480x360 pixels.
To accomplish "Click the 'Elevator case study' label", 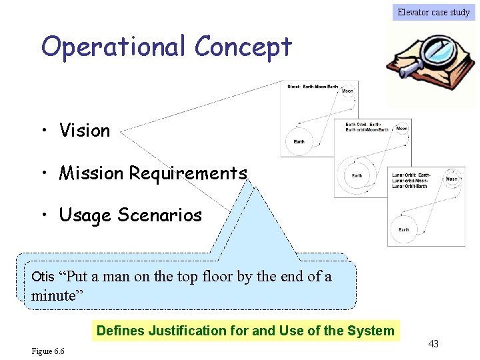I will click(433, 12).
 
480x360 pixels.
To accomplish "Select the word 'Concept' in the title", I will click(243, 47).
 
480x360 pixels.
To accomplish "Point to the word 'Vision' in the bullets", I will click(85, 131).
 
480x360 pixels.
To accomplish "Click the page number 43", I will click(433, 344).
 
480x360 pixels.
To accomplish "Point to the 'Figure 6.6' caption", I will click(48, 351).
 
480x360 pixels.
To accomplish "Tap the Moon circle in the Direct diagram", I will click(347, 91).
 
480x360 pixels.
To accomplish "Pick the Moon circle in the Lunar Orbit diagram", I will click(452, 179).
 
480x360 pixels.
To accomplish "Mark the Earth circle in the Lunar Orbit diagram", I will click(404, 228).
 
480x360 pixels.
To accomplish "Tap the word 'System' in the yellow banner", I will click(371, 331).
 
